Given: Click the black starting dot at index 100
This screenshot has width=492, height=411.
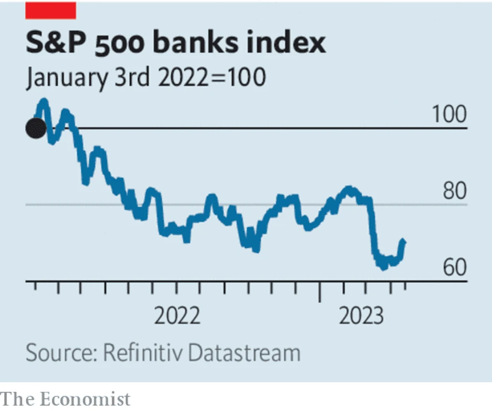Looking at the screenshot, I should [x=36, y=128].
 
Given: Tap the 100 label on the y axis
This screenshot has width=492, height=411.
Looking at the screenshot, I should [x=449, y=115].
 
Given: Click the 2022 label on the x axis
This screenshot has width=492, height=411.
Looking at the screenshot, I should [x=177, y=316].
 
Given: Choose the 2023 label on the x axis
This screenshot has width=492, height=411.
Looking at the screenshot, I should [x=362, y=316].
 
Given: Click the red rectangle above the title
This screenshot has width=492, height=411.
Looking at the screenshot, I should [x=51, y=9].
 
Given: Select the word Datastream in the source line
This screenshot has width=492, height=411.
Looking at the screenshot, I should [x=244, y=353].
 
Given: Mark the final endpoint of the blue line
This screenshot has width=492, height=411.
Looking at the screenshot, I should [x=404, y=241].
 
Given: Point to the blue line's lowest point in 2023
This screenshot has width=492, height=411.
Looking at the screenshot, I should [x=384, y=267].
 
